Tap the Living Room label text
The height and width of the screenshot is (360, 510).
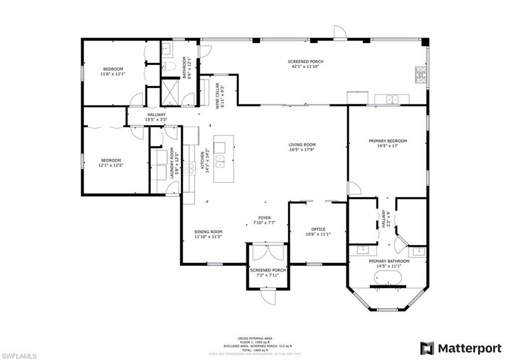click(x=302, y=145)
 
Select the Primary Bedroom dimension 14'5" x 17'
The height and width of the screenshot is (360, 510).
click(x=387, y=147)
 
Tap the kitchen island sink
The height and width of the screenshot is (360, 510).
click(x=220, y=161)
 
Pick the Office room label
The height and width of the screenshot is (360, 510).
click(x=318, y=230)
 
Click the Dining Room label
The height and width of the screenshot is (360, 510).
click(x=208, y=232)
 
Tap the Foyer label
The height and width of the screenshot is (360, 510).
click(x=264, y=217)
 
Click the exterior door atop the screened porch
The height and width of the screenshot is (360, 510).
click(x=340, y=32)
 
